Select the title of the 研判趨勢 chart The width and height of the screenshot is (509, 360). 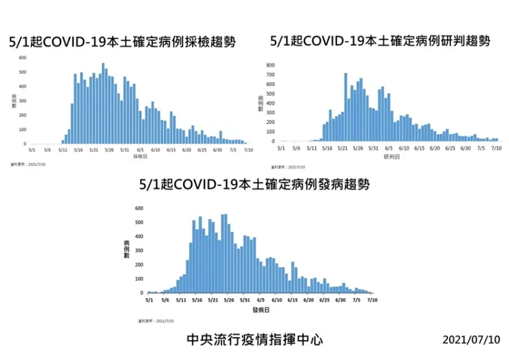380,41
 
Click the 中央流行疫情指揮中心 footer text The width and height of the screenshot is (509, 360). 254,340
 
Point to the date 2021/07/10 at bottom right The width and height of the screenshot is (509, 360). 471,340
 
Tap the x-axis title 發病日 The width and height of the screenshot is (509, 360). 260,310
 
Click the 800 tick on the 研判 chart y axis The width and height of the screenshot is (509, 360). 270,66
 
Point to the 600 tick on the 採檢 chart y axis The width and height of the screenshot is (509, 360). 22,58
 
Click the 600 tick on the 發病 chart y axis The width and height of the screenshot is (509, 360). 139,208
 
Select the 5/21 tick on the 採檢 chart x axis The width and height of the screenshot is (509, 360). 94,150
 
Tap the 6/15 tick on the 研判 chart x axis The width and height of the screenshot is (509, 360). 419,148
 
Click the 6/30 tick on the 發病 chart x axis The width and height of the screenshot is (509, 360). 340,300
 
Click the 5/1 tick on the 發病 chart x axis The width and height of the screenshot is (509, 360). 148,300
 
